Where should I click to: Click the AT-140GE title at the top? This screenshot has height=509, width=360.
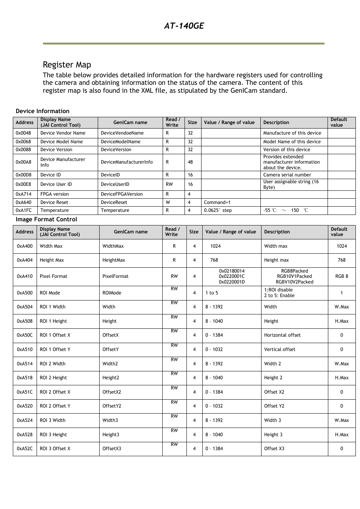pyautogui.click(x=184, y=26)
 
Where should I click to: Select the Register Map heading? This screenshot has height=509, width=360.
pyautogui.click(x=67, y=64)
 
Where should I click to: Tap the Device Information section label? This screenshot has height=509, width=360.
pyautogui.click(x=42, y=111)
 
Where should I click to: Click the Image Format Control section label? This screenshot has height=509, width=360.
pyautogui.click(x=46, y=219)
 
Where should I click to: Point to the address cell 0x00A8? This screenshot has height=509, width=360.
pyautogui.click(x=23, y=162)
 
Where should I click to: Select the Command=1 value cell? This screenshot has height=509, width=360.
pyautogui.click(x=217, y=202)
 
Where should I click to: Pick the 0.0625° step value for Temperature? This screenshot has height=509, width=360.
pyautogui.click(x=218, y=210)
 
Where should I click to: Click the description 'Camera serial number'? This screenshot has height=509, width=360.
pyautogui.click(x=287, y=175)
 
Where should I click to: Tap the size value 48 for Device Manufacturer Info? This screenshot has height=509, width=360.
pyautogui.click(x=190, y=162)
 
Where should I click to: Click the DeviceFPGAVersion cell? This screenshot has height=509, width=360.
pyautogui.click(x=122, y=194)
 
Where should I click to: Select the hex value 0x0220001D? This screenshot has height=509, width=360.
pyautogui.click(x=231, y=282)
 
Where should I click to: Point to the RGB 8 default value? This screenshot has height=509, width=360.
pyautogui.click(x=342, y=276)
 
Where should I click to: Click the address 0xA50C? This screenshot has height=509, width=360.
pyautogui.click(x=25, y=335)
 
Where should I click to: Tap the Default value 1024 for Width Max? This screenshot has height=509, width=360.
pyautogui.click(x=342, y=246)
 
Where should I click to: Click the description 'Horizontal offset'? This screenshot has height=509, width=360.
pyautogui.click(x=282, y=335)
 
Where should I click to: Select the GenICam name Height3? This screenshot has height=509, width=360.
pyautogui.click(x=111, y=435)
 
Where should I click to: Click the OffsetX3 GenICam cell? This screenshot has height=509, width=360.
pyautogui.click(x=112, y=449)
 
